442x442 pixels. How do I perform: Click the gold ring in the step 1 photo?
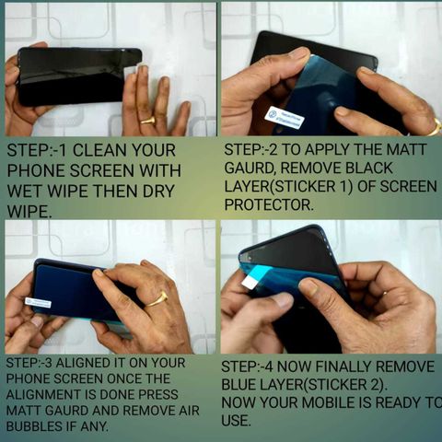pos(148,120)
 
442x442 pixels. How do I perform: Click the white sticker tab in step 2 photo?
pos(285,118)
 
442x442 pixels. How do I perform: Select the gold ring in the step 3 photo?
pos(157,299)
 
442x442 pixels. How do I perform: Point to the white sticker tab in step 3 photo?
pos(38,302)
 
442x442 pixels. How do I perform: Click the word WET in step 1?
pos(24,191)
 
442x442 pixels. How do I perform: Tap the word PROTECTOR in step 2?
pos(269,204)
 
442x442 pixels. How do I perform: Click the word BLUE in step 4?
pos(239,385)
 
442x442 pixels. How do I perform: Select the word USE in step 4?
pos(235,421)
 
